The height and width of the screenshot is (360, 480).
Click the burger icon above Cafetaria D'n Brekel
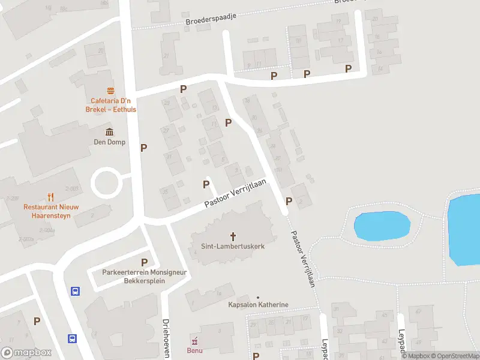coord(110,91)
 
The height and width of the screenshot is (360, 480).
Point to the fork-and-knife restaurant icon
coord(50,196)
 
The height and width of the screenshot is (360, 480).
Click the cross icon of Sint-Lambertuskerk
coord(233,236)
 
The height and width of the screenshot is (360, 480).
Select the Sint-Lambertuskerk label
coord(233,246)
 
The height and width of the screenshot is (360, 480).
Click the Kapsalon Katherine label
coord(258,305)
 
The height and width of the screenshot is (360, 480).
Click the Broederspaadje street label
coord(212,19)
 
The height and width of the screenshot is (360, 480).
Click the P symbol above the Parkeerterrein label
coord(144,262)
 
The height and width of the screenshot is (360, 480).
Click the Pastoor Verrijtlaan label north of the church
coord(235,193)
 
